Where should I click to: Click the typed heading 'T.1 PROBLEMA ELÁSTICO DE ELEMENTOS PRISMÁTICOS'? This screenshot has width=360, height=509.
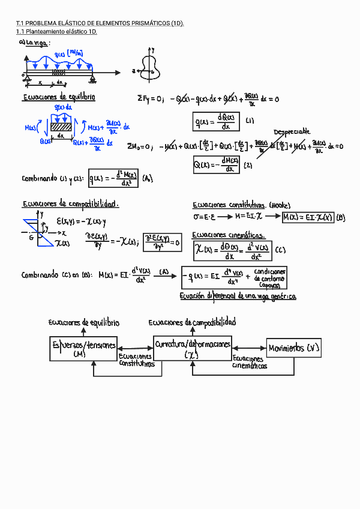coord(99,23)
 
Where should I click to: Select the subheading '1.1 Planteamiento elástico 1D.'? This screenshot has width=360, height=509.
coord(56,32)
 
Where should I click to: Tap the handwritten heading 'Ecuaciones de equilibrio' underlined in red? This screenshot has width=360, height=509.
coord(59,97)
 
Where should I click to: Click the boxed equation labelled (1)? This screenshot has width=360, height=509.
coord(216,121)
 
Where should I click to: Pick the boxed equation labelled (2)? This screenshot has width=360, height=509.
coord(217,164)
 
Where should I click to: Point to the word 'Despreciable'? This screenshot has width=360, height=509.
coord(292,131)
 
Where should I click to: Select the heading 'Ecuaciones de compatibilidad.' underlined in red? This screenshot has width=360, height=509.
coord(70,204)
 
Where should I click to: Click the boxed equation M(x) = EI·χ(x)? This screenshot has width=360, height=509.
coord(307,217)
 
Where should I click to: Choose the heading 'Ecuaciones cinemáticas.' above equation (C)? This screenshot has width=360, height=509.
coord(228,235)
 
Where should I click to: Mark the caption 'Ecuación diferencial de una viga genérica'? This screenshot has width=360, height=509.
coord(238,297)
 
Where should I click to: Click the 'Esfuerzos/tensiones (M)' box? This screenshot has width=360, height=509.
coord(83,349)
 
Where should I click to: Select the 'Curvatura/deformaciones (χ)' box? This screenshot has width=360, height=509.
coord(192,349)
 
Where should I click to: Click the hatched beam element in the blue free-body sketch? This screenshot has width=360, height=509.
coord(60,127)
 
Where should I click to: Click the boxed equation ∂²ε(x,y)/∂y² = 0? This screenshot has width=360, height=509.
coord(162,242)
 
